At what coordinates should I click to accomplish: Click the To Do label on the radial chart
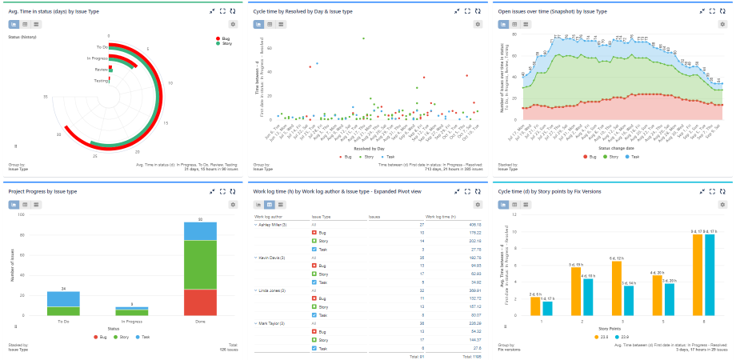102,48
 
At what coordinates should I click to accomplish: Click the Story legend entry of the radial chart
226,43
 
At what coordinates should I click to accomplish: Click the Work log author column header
270,216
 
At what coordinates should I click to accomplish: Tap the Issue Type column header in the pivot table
322,216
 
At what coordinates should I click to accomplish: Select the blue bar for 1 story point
547,308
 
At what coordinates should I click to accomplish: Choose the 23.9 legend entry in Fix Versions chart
628,336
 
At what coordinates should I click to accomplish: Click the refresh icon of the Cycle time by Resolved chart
478,11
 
